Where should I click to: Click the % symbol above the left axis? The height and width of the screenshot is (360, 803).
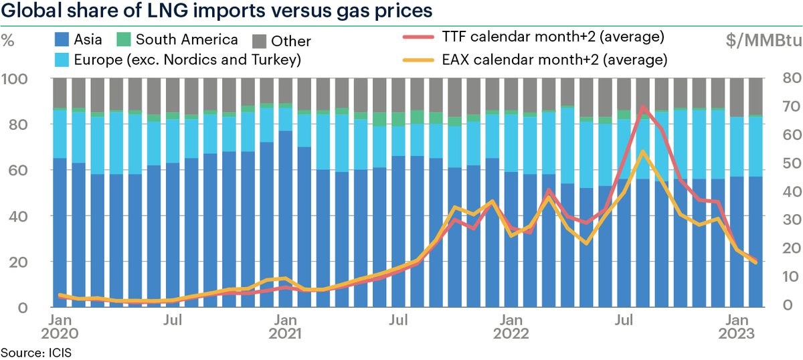tap(9, 37)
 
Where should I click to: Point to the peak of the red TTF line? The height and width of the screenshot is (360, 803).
tap(644, 107)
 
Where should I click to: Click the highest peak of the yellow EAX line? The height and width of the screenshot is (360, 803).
tap(642, 151)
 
